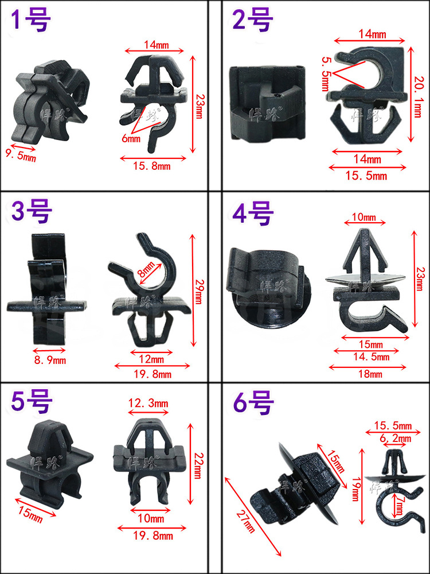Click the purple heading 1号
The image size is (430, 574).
[32, 21]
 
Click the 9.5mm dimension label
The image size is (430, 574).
[21, 153]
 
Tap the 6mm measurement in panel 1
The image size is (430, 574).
[131, 138]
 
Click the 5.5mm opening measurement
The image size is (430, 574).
[325, 74]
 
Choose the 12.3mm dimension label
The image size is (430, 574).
[148, 404]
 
